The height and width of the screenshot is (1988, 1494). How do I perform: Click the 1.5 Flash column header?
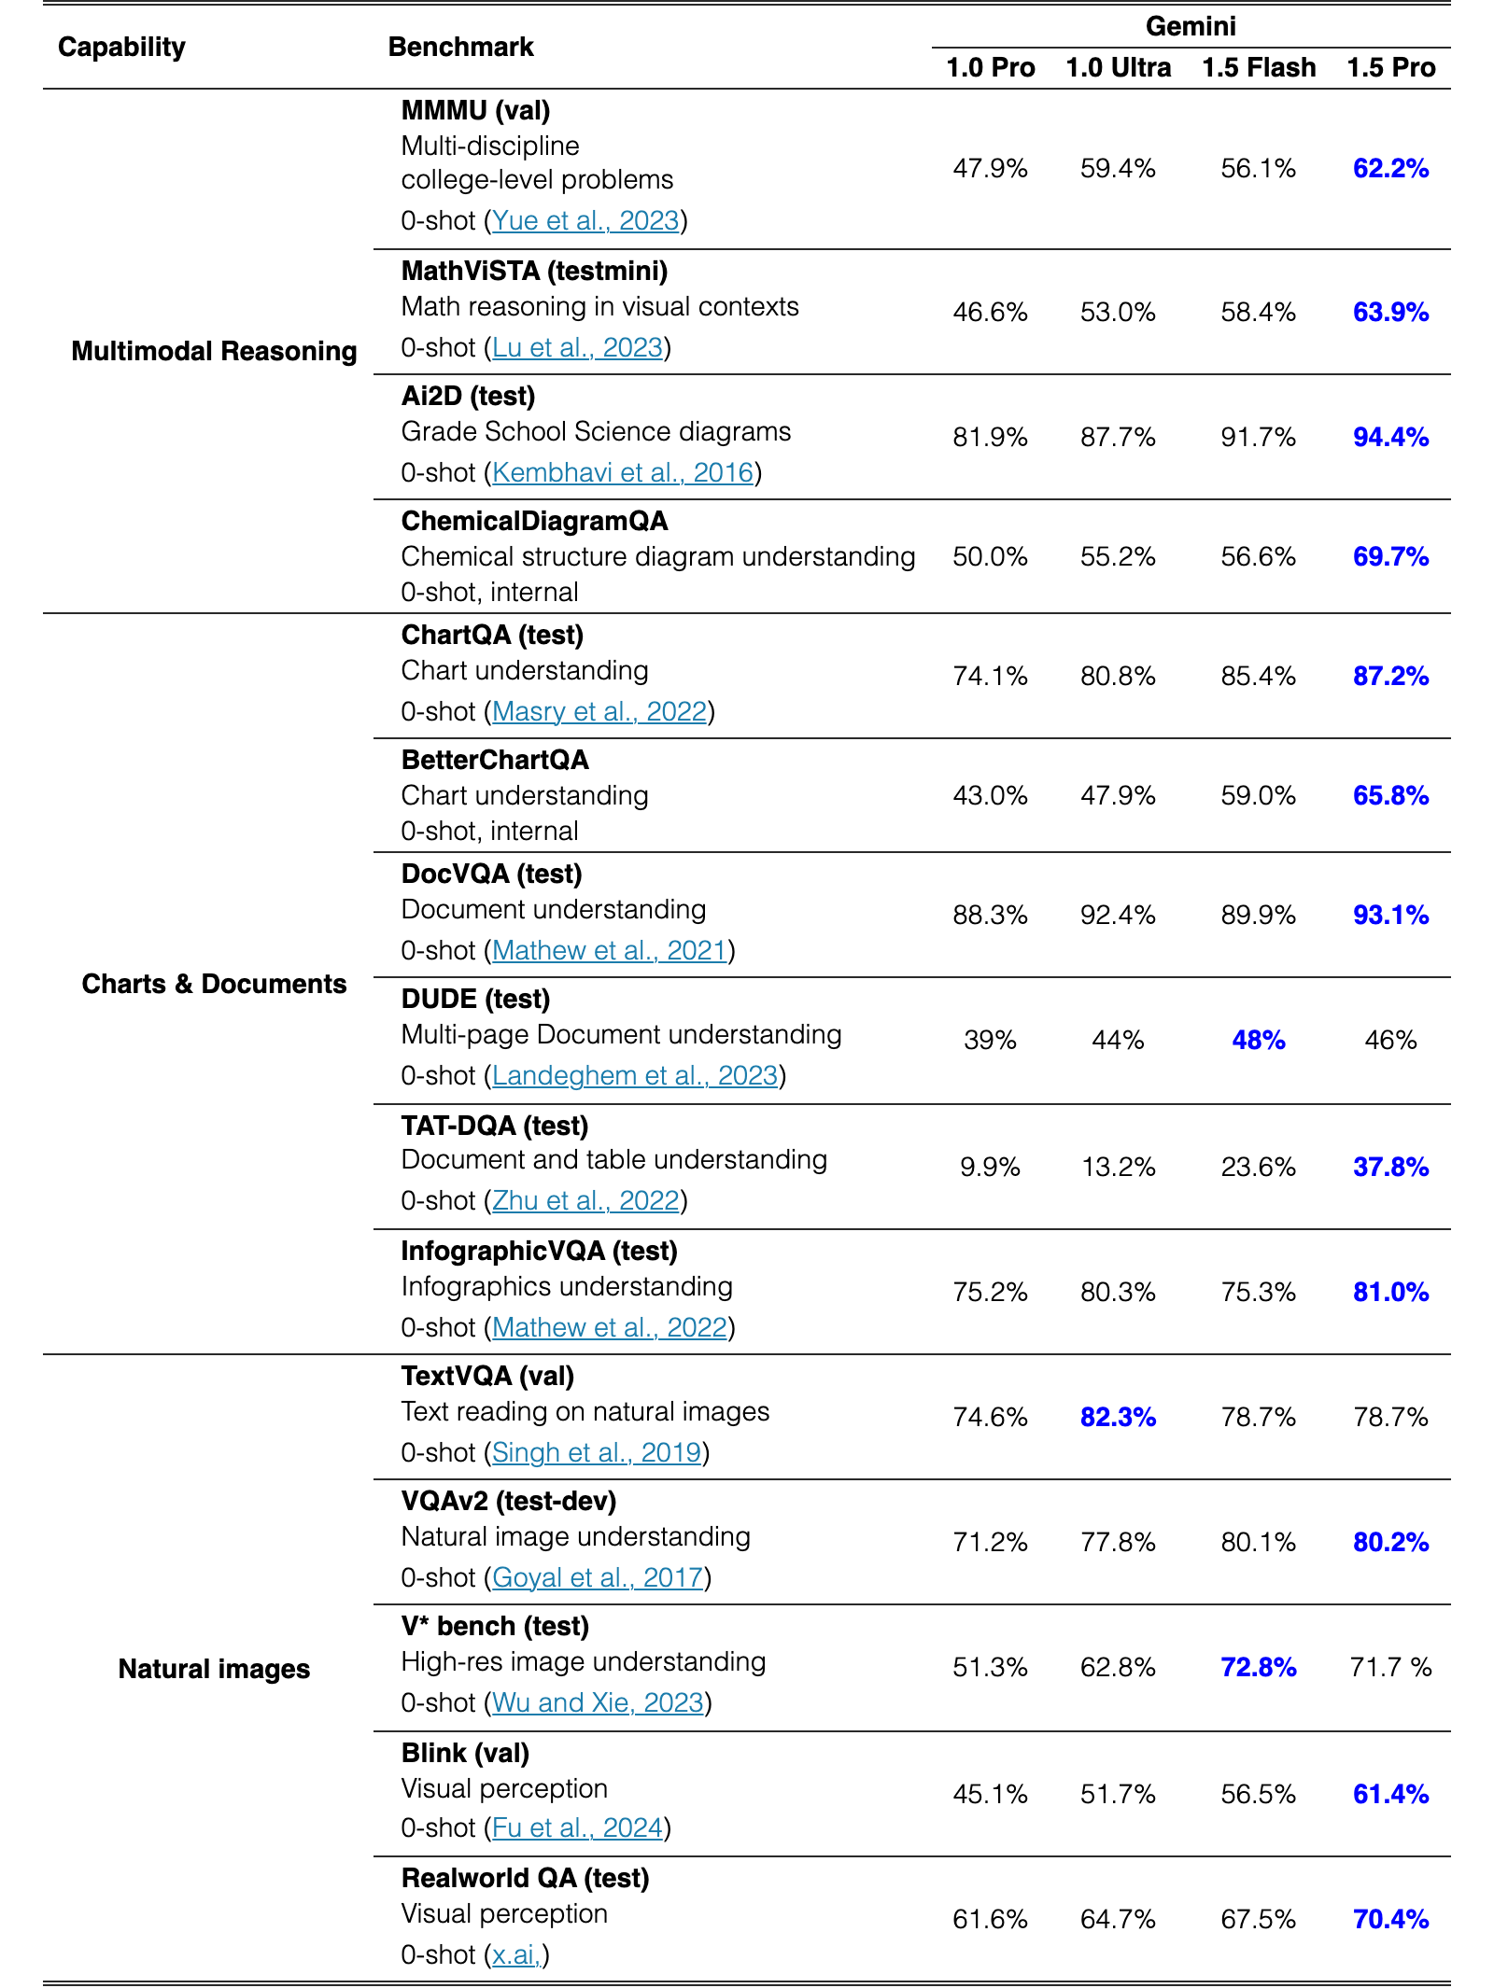point(1259,68)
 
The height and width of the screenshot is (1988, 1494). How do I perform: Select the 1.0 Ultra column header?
point(1118,68)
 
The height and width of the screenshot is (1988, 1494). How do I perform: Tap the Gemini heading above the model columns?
point(1191,26)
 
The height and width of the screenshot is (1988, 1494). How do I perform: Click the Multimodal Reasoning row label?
point(214,351)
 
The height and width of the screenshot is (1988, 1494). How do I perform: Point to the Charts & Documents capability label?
point(214,984)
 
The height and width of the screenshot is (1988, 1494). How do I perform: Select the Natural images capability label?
point(214,1669)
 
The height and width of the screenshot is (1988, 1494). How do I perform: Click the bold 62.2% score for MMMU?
point(1390,169)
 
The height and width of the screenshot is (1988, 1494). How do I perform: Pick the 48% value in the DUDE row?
point(1259,1041)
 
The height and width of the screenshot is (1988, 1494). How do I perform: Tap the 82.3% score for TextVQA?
point(1118,1418)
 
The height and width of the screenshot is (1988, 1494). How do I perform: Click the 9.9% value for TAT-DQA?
point(990,1168)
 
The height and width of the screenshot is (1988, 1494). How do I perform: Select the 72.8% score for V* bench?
point(1259,1668)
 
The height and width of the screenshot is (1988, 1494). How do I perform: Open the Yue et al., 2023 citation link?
point(585,221)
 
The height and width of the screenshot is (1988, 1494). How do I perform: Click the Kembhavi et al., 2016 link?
point(623,473)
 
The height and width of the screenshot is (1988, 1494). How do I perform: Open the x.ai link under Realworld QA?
point(516,1955)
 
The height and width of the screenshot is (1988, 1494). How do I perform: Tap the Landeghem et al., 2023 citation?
point(635,1076)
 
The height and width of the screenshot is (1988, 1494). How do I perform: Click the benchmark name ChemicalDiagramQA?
point(535,522)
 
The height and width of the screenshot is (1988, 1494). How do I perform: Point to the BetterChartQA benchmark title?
point(495,761)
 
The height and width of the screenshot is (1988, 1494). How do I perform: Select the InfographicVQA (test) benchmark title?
point(540,1252)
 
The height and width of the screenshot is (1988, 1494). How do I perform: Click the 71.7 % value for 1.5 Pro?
point(1390,1668)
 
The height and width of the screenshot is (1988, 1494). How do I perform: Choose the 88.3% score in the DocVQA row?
point(990,916)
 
